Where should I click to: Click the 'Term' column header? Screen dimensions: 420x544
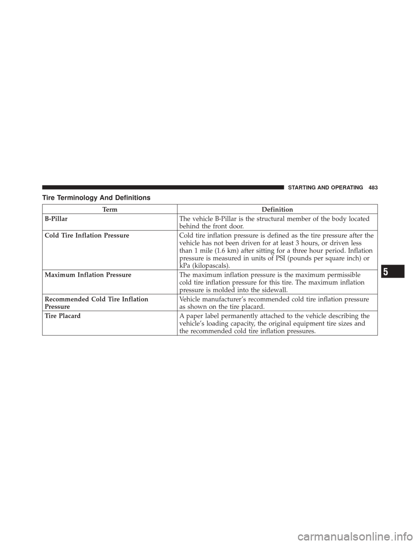tap(110, 209)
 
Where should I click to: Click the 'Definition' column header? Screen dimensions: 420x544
tap(277, 209)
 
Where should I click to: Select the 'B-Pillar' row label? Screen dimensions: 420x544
tap(56, 219)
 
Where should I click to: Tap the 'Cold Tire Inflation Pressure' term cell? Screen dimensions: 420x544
tap(87, 236)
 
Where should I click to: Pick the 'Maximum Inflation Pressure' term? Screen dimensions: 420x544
tap(88, 275)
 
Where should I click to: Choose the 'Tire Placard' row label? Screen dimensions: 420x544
tap(63, 316)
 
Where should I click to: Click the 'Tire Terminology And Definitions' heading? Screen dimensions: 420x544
tap(97, 198)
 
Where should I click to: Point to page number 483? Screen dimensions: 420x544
tap(373, 188)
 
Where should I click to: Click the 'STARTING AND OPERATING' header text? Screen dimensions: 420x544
tap(325, 188)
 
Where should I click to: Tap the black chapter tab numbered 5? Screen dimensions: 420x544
tap(392, 271)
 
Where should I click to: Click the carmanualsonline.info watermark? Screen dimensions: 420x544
tap(349, 536)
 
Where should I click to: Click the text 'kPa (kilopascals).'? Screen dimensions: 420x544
tap(204, 265)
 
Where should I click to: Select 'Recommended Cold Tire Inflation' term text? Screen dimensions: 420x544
tap(97, 300)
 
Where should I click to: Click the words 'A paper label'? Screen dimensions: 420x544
tap(198, 316)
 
